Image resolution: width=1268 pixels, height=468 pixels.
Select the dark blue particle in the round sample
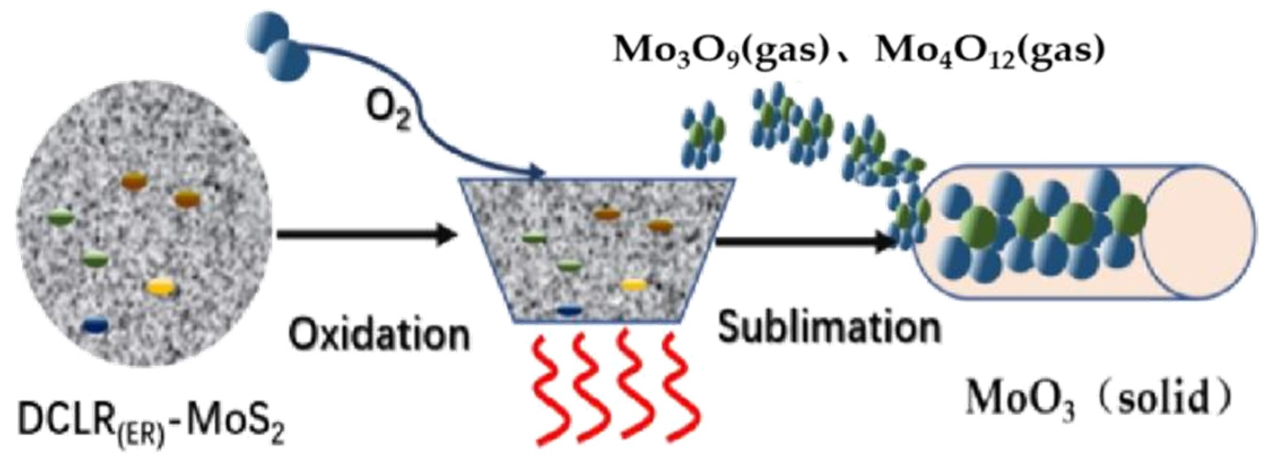pos(95,326)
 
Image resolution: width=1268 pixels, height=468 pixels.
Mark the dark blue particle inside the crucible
pos(569,310)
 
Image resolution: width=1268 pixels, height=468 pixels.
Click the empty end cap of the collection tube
pos(1197,232)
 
